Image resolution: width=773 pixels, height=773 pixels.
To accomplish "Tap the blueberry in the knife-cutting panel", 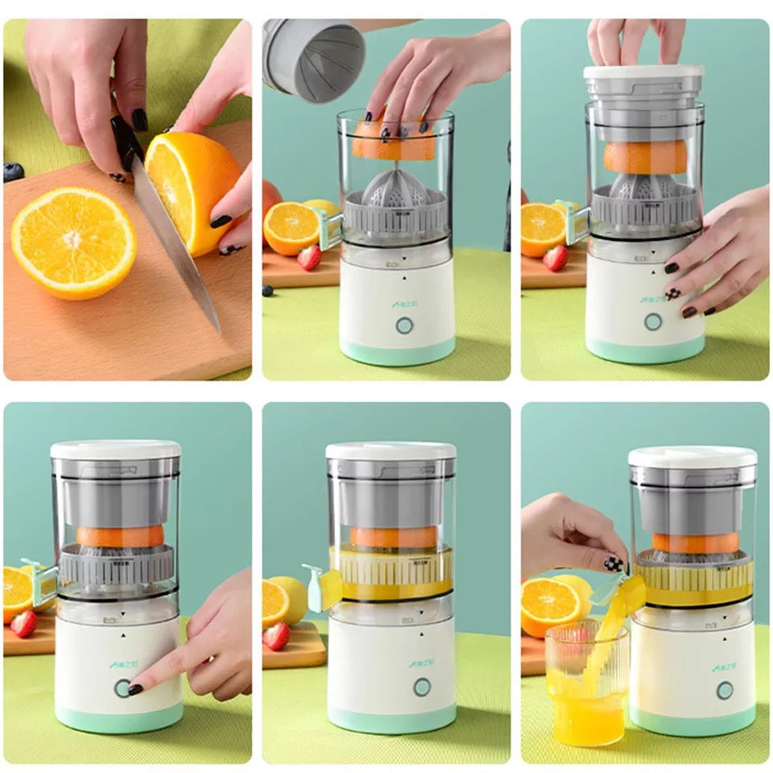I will click(13, 172).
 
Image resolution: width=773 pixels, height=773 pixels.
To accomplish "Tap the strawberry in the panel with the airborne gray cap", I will click(308, 257).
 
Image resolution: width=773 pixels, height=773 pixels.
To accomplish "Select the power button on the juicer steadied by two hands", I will click(652, 322).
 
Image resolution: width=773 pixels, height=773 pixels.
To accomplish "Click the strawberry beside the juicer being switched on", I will click(23, 623).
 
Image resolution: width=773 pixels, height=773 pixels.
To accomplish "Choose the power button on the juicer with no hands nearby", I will click(422, 687).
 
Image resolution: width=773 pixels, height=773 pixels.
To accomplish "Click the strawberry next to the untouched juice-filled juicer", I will click(276, 636).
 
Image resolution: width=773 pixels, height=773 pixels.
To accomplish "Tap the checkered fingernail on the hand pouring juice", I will click(614, 564).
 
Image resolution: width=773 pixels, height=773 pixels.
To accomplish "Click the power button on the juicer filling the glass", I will click(725, 690).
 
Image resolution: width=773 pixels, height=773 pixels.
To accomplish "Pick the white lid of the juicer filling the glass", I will click(692, 457).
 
